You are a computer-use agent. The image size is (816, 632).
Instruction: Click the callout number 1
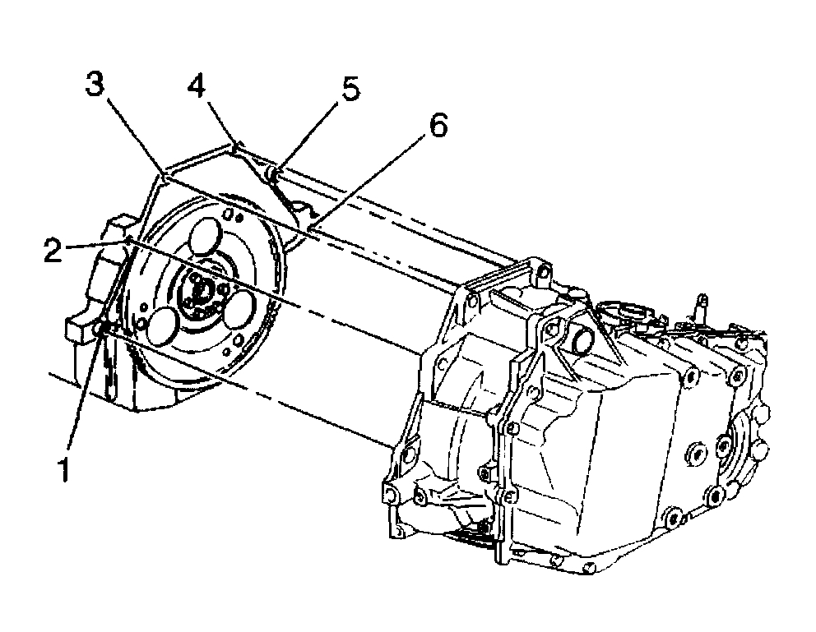pos(61,472)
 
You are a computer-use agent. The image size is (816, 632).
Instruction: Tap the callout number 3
pos(96,85)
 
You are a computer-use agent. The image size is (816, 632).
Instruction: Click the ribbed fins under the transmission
pos(473,541)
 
